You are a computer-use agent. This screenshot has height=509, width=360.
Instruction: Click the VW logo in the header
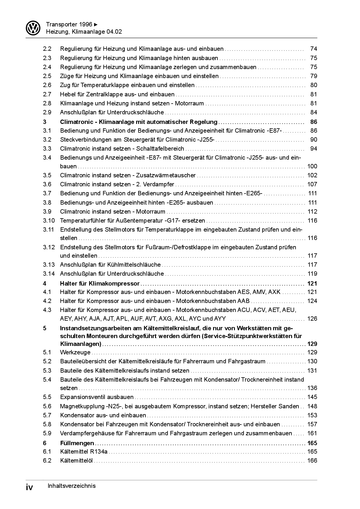click(33, 28)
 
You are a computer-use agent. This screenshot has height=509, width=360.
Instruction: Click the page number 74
click(314, 49)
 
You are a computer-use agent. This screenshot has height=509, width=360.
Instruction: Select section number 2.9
click(47, 112)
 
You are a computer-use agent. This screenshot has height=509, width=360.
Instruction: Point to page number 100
click(312, 166)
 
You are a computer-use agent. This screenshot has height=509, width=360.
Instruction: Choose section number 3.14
click(49, 274)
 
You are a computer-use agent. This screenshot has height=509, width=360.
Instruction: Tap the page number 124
click(312, 301)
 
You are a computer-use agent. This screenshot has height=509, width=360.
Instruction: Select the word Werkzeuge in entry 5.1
click(75, 352)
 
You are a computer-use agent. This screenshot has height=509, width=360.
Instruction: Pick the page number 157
click(312, 424)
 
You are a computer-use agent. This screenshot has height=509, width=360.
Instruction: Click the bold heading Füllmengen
click(77, 443)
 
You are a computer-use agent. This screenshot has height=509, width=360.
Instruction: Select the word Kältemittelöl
click(76, 461)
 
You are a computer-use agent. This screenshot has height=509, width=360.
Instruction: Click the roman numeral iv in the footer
click(29, 487)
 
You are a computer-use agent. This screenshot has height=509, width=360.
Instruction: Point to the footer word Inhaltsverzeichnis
click(71, 486)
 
